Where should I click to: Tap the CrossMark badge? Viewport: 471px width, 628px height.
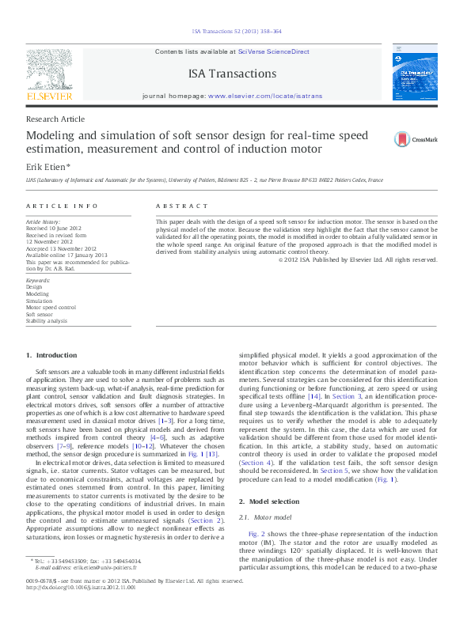point(416,140)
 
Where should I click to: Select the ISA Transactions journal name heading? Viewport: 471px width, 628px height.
point(232,74)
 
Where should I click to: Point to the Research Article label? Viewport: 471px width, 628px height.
point(55,119)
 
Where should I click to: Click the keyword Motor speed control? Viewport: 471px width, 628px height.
point(51,307)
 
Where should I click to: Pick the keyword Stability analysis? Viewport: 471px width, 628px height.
point(47,320)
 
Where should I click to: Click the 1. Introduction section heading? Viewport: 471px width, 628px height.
point(51,355)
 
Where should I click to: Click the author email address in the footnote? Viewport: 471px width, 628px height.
point(98,567)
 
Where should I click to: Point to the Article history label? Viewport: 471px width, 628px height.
point(44,223)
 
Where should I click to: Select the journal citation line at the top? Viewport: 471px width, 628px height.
point(235,32)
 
